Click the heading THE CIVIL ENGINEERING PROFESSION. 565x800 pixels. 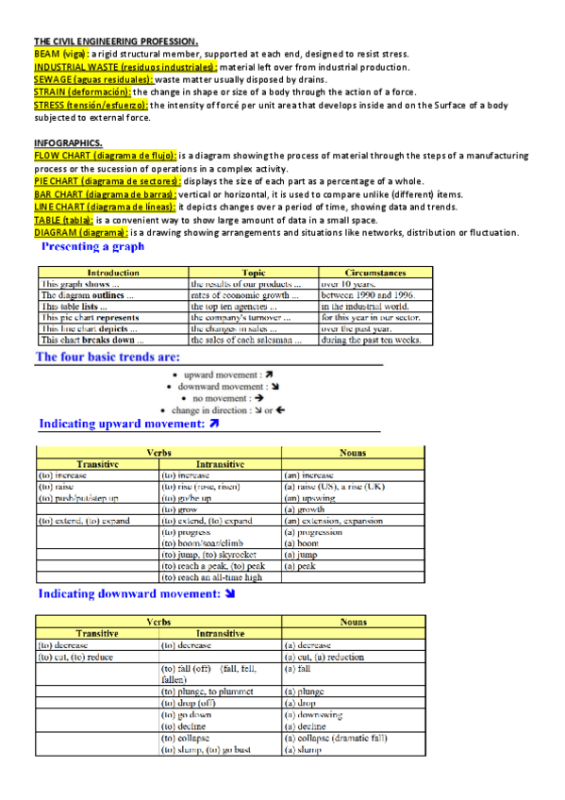click(116, 42)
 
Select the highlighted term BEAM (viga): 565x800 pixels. click(60, 55)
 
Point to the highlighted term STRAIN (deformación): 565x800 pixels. click(82, 92)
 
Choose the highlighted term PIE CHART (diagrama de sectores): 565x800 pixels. click(107, 181)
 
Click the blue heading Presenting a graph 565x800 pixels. click(92, 247)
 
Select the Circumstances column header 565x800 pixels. click(375, 272)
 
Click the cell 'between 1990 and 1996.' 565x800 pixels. click(367, 294)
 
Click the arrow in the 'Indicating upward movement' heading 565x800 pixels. click(213, 425)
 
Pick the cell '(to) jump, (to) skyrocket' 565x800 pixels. click(212, 555)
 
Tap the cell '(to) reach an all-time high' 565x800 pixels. click(212, 577)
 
